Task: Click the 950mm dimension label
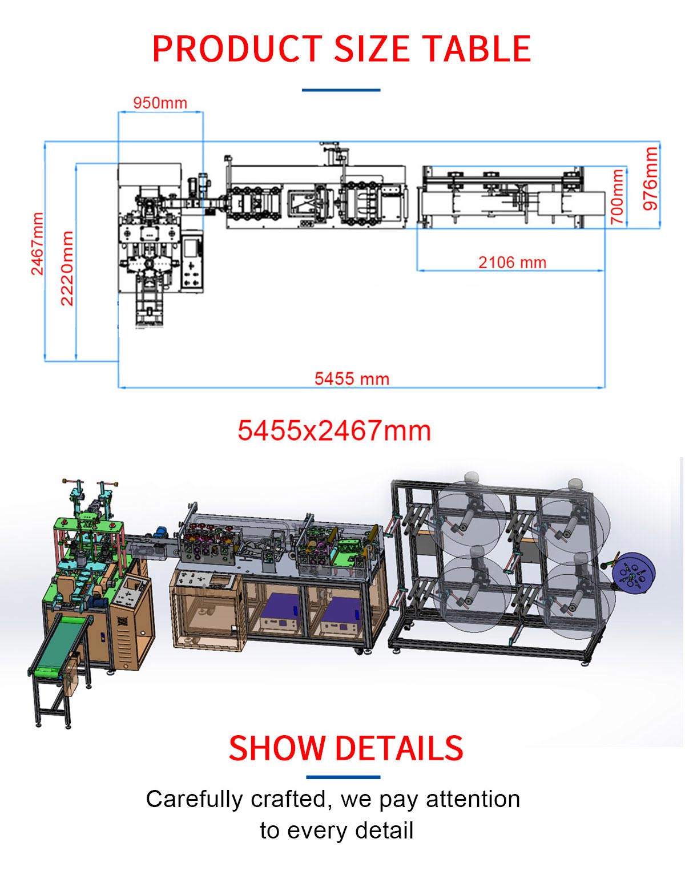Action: pyautogui.click(x=160, y=103)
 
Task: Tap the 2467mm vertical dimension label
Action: pyautogui.click(x=37, y=244)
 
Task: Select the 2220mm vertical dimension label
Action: pyautogui.click(x=67, y=268)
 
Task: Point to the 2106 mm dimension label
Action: pyautogui.click(x=513, y=263)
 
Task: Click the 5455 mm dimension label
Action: pyautogui.click(x=352, y=379)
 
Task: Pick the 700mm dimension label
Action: pyautogui.click(x=617, y=196)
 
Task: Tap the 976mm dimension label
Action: pyautogui.click(x=650, y=179)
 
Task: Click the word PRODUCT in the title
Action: pyautogui.click(x=237, y=49)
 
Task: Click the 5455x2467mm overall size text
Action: pyautogui.click(x=334, y=430)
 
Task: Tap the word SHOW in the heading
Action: pyautogui.click(x=277, y=748)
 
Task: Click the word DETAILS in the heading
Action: pyautogui.click(x=399, y=748)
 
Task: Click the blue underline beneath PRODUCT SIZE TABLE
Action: pyautogui.click(x=341, y=90)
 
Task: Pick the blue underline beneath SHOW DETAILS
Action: pyautogui.click(x=343, y=777)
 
